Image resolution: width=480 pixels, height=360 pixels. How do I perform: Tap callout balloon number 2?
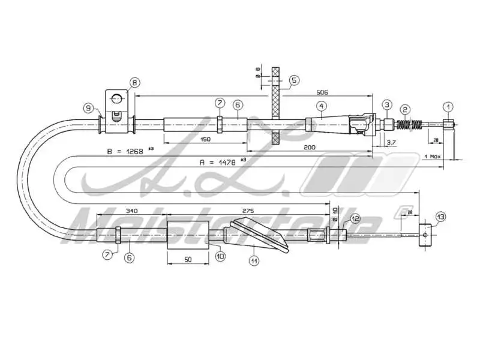406,109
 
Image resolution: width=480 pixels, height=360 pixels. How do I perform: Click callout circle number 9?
89,108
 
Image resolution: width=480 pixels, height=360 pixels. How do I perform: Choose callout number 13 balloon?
441,216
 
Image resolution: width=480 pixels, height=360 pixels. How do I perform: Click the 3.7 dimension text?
391,142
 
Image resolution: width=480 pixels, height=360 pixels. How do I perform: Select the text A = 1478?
220,161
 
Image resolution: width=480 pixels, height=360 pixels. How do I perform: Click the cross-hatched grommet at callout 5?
276,105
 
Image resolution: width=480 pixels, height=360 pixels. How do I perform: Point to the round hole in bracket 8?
118,98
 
